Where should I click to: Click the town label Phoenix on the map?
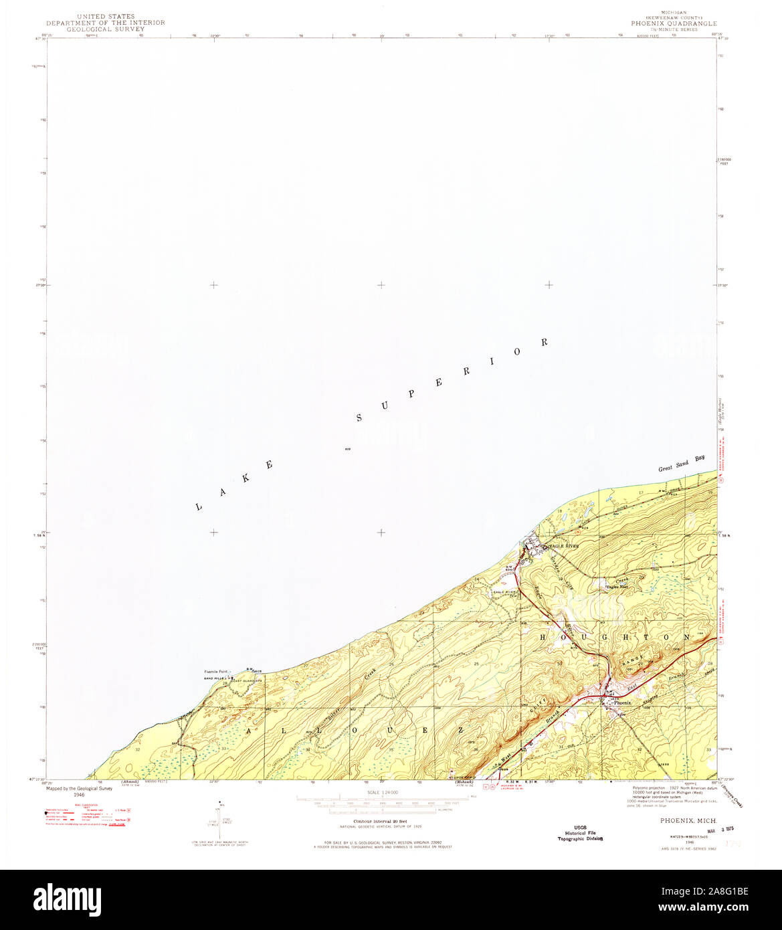[x=622, y=703]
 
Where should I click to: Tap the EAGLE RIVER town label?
[x=564, y=546]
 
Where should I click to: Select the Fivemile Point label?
[x=216, y=671]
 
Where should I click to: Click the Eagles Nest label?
[x=616, y=587]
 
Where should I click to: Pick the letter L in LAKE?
[x=199, y=507]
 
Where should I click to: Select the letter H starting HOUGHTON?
[x=544, y=638]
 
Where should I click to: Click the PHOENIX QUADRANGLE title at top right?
[x=674, y=23]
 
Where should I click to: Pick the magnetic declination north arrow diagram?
[x=221, y=818]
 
